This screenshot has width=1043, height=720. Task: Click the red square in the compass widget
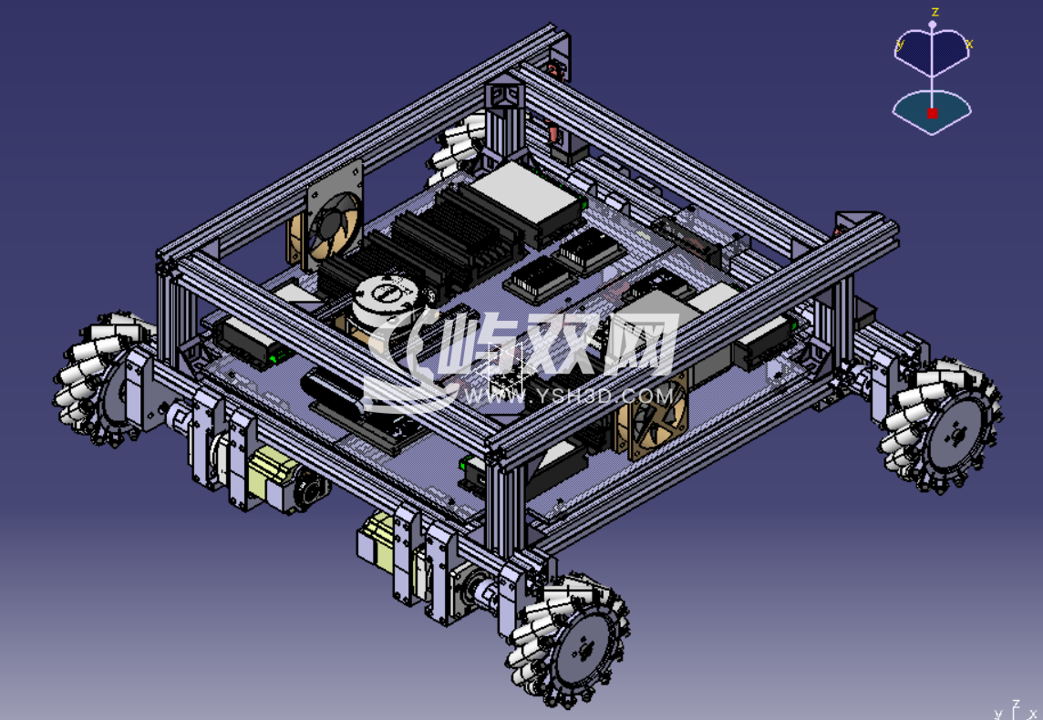click(932, 114)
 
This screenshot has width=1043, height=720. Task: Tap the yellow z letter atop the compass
click(935, 12)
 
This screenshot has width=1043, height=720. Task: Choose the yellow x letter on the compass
click(969, 44)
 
